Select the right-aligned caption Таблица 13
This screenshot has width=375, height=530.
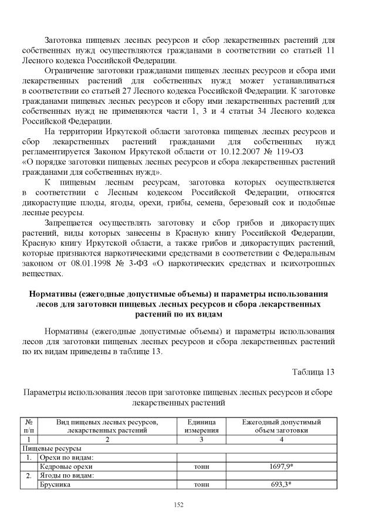coord(313,372)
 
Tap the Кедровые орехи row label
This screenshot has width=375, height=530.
coord(66,467)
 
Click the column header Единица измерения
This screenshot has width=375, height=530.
coord(203,425)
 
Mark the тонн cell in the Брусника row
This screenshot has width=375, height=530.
coord(203,485)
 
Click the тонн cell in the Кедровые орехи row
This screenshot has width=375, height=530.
coord(203,467)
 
